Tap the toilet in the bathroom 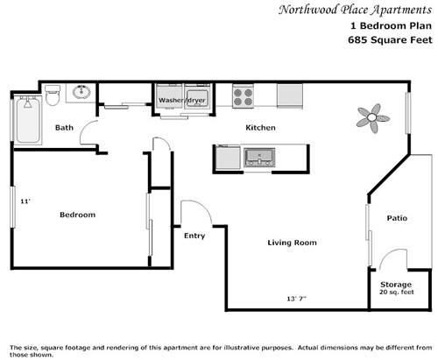point(52,91)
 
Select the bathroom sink point(81,92)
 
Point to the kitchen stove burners point(243,94)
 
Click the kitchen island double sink point(259,157)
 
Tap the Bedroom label point(77,215)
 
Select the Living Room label point(292,243)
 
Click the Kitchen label point(260,128)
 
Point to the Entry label point(194,236)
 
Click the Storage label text point(395,285)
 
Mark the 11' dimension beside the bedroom point(26,201)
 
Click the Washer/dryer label point(181,101)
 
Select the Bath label point(64,128)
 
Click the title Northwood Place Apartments point(355,11)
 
